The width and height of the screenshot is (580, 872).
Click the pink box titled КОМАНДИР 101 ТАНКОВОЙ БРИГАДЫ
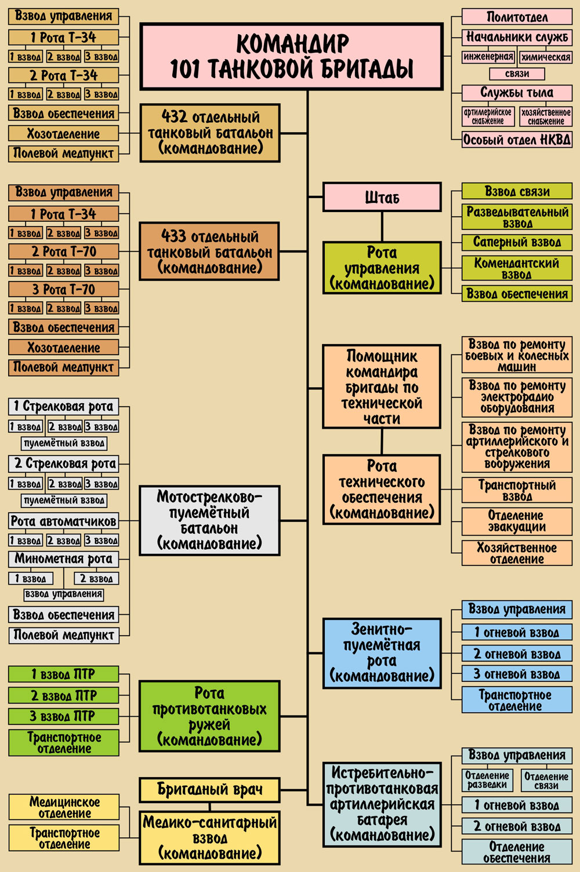pyautogui.click(x=292, y=56)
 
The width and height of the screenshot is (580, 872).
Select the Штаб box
pyautogui.click(x=382, y=197)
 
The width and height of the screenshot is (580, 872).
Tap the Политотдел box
pyautogui.click(x=517, y=16)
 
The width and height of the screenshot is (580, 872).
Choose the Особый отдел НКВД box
pyautogui.click(x=517, y=140)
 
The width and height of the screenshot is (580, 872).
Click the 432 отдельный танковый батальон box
pyautogui.click(x=210, y=133)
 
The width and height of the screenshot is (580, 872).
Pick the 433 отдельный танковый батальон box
pyautogui.click(x=210, y=252)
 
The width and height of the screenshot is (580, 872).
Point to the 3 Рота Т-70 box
pyautogui.click(x=64, y=289)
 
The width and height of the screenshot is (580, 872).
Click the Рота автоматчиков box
pyautogui.click(x=64, y=521)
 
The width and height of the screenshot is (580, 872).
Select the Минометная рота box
pyautogui.click(x=64, y=559)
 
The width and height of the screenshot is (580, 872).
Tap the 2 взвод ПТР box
pyautogui.click(x=64, y=695)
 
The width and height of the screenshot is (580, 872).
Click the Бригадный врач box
pyautogui.click(x=210, y=789)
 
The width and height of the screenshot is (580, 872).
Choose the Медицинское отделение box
pyautogui.click(x=64, y=807)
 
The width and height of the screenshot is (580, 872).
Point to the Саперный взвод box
pyautogui.click(x=517, y=242)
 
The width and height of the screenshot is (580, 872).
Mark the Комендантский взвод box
pyautogui.click(x=517, y=268)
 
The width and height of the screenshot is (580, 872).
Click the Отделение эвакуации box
pyautogui.click(x=517, y=521)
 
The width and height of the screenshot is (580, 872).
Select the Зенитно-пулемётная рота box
pyautogui.click(x=382, y=653)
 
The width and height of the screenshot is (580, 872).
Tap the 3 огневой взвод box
pyautogui.click(x=517, y=674)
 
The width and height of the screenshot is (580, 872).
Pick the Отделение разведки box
pyautogui.click(x=487, y=780)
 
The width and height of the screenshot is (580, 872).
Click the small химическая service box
pyautogui.click(x=545, y=57)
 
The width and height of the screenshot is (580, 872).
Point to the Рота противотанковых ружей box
pyautogui.click(x=210, y=717)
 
